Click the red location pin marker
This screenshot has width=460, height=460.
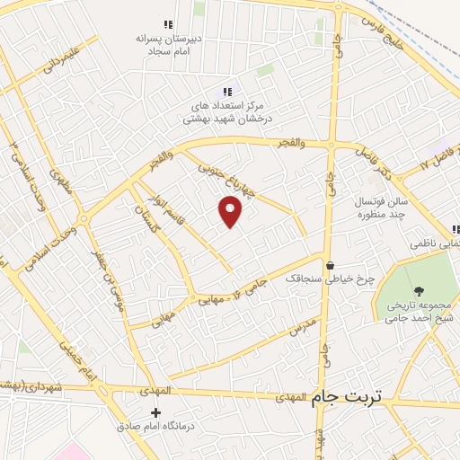[231, 212]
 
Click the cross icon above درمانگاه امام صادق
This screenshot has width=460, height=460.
[155, 412]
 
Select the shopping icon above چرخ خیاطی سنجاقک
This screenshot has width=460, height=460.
[331, 266]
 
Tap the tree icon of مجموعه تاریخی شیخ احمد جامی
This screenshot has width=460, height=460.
[419, 290]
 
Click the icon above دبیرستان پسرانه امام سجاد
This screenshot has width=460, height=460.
[166, 24]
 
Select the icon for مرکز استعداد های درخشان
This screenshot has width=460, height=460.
[227, 91]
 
